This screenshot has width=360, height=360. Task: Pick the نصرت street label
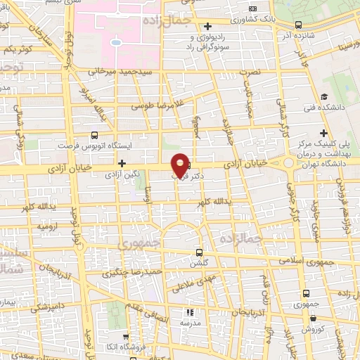click(250, 72)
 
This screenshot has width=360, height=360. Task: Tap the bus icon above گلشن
click(199, 252)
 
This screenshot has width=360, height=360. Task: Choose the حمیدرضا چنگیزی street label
click(139, 272)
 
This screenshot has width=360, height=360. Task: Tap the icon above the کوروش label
click(306, 319)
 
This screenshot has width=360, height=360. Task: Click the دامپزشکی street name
click(48, 307)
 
